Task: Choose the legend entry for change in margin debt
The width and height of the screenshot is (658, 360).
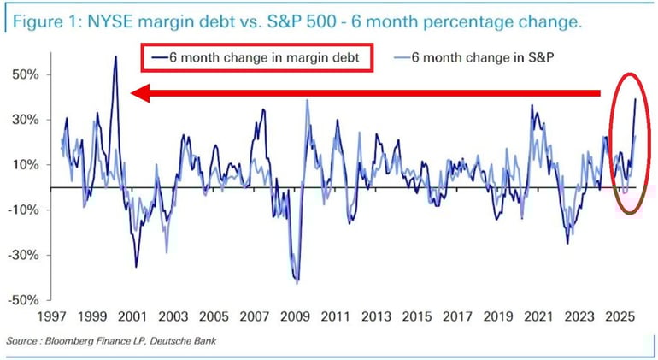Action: (x=259, y=58)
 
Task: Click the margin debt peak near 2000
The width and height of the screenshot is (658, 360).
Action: (x=115, y=56)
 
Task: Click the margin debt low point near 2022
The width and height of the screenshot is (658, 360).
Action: (x=567, y=243)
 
